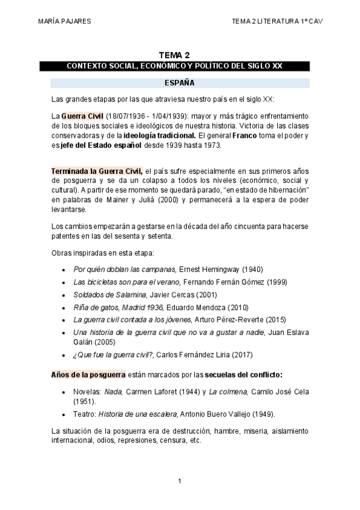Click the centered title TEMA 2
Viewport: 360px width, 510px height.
[x=178, y=55]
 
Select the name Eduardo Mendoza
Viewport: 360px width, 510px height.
[x=194, y=307]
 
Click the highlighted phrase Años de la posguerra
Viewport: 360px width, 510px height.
[x=88, y=375]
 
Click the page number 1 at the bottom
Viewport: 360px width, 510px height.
[x=180, y=481]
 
